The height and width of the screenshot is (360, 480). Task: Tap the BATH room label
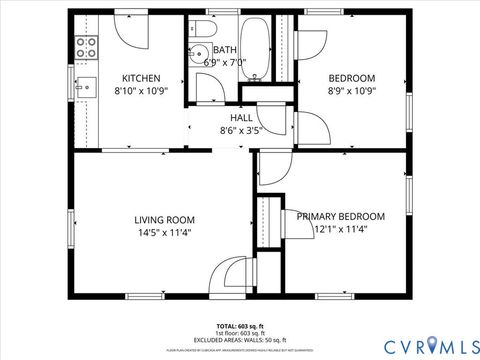(x=224, y=49)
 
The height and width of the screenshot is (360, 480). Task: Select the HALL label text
(x=241, y=117)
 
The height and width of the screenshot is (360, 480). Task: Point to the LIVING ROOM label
(x=165, y=219)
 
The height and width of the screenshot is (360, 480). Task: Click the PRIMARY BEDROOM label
(x=340, y=216)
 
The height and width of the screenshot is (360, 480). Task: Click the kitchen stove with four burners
(x=86, y=45)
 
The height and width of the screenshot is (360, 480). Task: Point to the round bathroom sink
(x=197, y=55)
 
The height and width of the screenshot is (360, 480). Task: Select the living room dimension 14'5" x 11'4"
(x=165, y=232)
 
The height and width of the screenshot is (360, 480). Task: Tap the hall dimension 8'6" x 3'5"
(x=241, y=130)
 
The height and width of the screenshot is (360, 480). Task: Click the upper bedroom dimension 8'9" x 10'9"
(x=352, y=90)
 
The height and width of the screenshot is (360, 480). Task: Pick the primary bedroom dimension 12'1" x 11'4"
(x=340, y=229)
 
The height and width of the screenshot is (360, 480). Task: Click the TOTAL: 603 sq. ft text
(x=240, y=326)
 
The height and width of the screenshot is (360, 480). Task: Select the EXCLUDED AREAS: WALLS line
(x=240, y=340)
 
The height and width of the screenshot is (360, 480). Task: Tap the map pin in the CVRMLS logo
(x=432, y=344)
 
